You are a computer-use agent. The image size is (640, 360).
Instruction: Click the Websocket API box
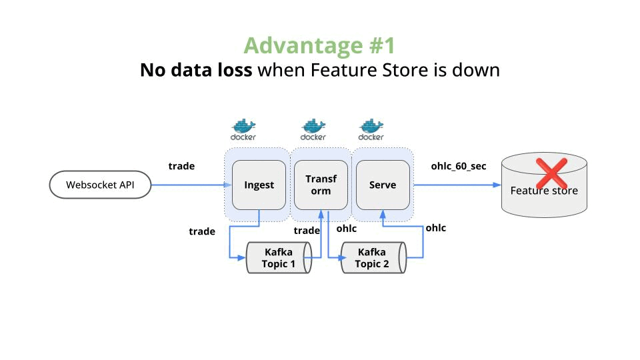tap(100, 185)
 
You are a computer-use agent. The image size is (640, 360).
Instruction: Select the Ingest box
tap(259, 185)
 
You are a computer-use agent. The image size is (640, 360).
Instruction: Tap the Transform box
tap(321, 185)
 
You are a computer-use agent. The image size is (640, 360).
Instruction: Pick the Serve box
tap(382, 185)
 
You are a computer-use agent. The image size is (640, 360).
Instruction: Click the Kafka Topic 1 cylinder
tap(279, 258)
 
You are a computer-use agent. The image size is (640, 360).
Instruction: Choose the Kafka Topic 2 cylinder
tap(373, 258)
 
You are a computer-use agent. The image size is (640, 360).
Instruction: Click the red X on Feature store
tap(551, 173)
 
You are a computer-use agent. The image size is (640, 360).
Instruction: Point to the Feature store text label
tap(544, 191)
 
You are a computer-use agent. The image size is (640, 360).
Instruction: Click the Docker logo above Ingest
tap(243, 129)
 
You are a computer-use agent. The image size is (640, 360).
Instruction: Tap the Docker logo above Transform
tap(313, 129)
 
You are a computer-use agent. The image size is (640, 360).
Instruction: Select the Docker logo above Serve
tap(371, 129)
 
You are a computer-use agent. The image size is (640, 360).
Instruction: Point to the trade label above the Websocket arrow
tap(181, 165)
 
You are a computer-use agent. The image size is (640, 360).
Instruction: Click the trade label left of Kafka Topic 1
tap(202, 231)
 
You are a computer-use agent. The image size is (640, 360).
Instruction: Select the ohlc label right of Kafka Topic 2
tap(435, 227)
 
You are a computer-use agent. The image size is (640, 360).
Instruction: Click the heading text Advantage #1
tap(319, 45)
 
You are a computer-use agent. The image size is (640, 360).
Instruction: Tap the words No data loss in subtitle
tap(196, 69)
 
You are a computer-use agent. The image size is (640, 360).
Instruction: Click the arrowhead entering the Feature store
tap(497, 185)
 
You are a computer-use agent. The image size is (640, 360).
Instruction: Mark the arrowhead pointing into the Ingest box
tap(228, 185)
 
